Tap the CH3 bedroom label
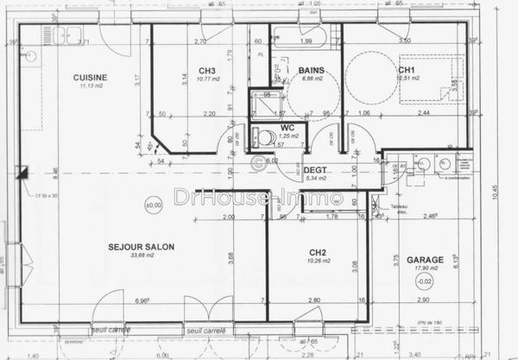[x=206, y=71]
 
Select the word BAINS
[x=311, y=70]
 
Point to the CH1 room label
[x=407, y=69]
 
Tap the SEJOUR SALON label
[x=142, y=247]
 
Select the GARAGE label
[x=425, y=259]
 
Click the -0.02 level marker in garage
[x=424, y=281]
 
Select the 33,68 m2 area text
[x=142, y=256]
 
